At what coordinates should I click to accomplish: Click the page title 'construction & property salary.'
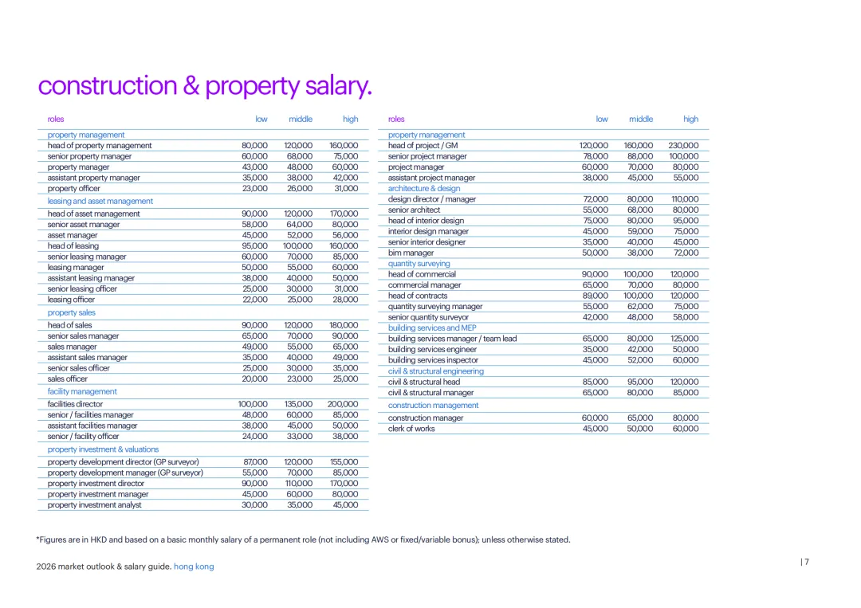click(205, 86)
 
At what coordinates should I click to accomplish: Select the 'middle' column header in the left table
click(300, 120)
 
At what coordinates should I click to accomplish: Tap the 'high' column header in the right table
click(690, 120)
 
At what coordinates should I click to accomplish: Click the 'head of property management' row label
click(100, 146)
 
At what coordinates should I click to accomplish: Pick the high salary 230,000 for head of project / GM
click(683, 146)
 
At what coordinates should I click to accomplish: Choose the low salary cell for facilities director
click(254, 404)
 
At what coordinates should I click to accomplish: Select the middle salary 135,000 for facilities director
click(298, 404)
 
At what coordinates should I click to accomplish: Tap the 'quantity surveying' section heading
click(419, 264)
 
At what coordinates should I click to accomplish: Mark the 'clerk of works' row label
click(411, 429)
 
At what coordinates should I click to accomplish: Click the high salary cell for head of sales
click(344, 325)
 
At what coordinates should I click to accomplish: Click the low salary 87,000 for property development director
click(255, 462)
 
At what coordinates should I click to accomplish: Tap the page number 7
click(806, 562)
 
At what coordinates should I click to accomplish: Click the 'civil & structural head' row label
click(423, 382)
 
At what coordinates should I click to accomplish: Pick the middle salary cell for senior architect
click(639, 210)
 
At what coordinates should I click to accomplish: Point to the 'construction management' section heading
click(433, 406)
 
